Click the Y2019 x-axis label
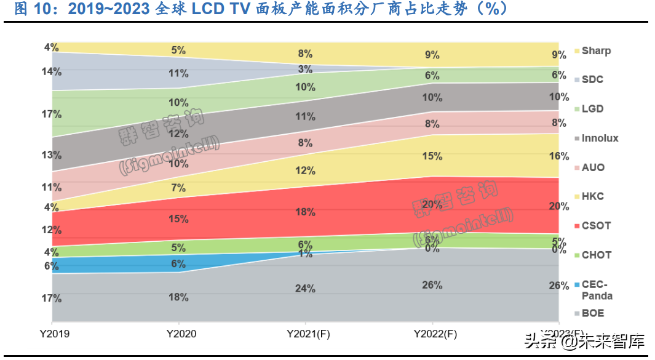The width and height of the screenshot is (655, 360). pyautogui.click(x=52, y=334)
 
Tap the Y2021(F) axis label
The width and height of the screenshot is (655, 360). pyautogui.click(x=305, y=334)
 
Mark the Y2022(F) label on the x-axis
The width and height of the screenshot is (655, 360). pyautogui.click(x=432, y=334)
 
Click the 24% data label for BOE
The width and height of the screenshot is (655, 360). pyautogui.click(x=305, y=289)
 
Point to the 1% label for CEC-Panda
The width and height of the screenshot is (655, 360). pyautogui.click(x=305, y=254)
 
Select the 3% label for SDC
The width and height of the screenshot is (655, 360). pyautogui.click(x=305, y=69)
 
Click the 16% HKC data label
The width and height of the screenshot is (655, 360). pyautogui.click(x=558, y=156)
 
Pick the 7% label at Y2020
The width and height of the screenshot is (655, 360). pyautogui.click(x=178, y=187)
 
